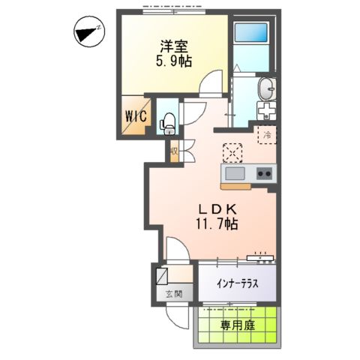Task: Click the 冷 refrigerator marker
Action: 265,135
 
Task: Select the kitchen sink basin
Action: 233,174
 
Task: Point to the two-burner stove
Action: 263,174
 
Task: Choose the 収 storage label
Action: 174,151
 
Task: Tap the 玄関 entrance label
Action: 174,294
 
